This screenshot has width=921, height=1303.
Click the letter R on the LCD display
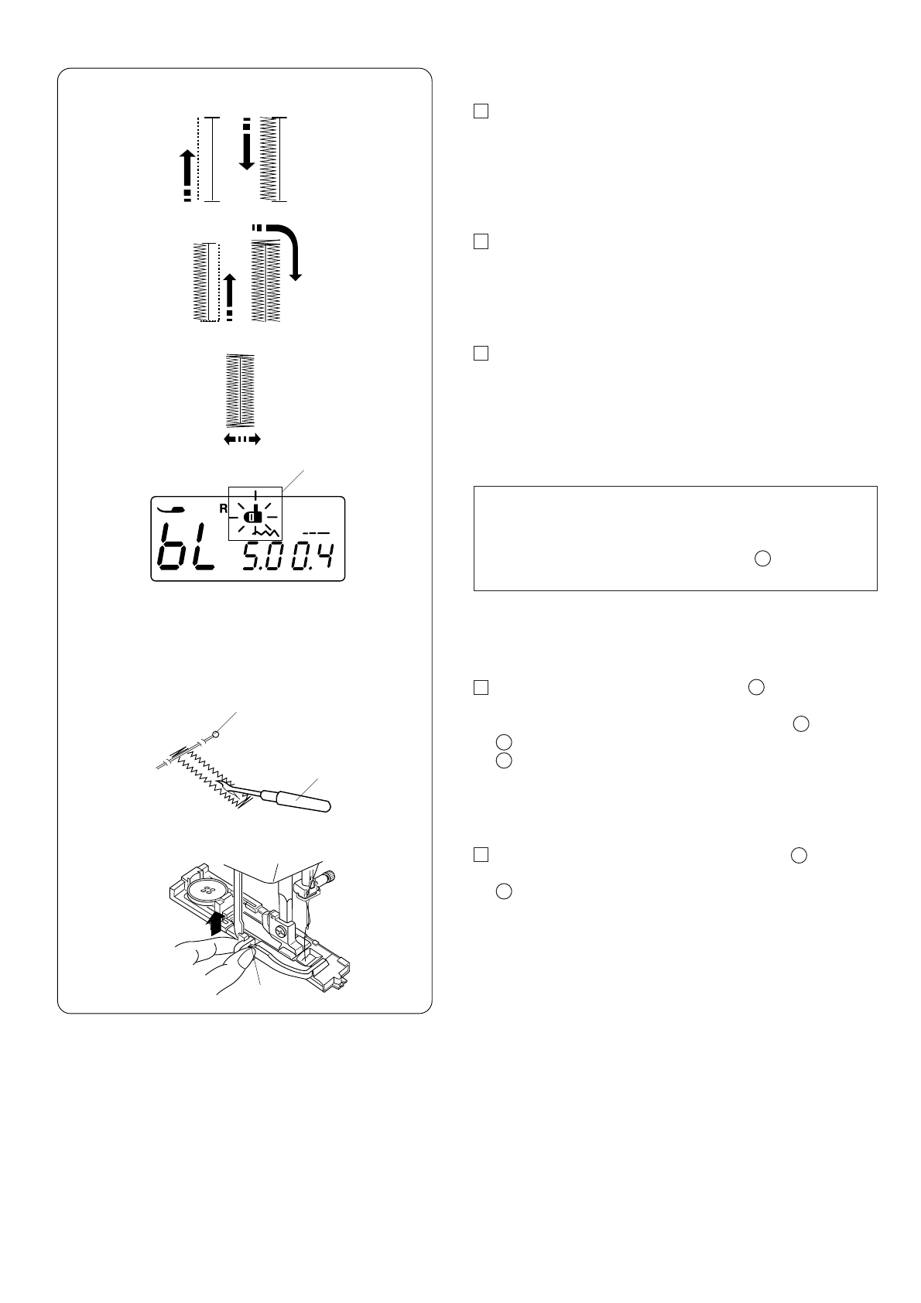(x=224, y=508)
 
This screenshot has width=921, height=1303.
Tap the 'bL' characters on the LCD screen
(x=187, y=547)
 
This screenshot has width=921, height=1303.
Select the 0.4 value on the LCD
(x=313, y=556)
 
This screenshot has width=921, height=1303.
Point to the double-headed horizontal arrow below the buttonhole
(x=242, y=439)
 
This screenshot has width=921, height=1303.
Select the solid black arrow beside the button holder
(x=216, y=922)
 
